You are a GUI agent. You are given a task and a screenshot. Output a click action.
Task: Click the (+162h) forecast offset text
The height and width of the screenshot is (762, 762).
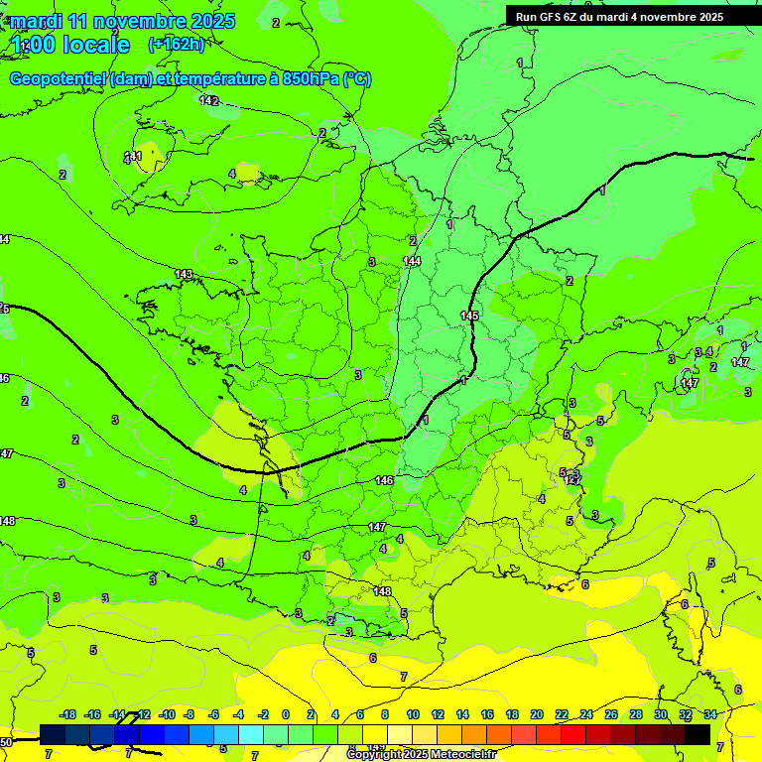176,44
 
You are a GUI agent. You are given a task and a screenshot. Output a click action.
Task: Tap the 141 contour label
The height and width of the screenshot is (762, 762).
133,156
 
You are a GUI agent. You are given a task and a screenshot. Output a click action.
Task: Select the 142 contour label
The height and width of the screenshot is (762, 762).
208,100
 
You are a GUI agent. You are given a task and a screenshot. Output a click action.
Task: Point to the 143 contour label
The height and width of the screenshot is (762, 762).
184,274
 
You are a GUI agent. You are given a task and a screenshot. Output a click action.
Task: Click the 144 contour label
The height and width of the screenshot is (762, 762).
412,261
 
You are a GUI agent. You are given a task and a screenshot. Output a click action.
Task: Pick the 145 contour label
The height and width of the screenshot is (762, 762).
469,316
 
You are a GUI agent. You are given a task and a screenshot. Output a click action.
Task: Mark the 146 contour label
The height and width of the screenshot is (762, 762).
384,480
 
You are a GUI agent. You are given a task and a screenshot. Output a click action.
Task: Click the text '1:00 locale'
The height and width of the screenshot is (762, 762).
70,45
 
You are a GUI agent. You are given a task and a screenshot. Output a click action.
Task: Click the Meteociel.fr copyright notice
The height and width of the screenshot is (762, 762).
421,755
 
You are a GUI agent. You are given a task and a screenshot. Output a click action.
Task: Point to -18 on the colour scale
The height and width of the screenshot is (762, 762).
68,714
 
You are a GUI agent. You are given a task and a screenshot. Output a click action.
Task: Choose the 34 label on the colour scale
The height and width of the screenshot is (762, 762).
710,714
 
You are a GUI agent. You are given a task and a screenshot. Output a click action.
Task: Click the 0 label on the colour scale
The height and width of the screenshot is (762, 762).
286,714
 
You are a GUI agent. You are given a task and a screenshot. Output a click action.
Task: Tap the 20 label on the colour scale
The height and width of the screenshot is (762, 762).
537,714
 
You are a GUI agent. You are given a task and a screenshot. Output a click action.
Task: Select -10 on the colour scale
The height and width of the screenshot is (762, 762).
167,714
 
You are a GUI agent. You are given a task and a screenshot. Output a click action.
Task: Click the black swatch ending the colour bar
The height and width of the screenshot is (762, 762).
698,734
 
